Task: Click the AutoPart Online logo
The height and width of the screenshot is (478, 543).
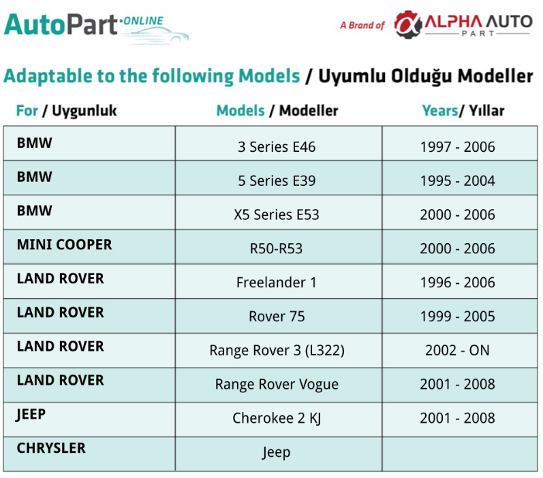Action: [96, 28]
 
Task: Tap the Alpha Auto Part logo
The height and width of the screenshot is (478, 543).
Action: [463, 25]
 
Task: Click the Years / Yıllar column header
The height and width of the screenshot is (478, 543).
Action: [463, 111]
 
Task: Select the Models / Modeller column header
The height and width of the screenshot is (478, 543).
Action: [277, 111]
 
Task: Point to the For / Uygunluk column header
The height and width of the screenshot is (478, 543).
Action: [67, 111]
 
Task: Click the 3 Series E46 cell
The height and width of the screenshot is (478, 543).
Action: [277, 147]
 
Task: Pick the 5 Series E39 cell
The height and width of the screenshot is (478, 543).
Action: [277, 181]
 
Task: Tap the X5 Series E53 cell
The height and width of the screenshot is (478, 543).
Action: [277, 215]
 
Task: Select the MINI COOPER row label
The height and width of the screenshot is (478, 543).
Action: [65, 244]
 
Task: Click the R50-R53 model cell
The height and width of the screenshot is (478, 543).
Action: [277, 249]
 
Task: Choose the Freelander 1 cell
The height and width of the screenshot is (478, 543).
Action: [277, 283]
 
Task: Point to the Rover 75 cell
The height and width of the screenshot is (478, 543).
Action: [277, 317]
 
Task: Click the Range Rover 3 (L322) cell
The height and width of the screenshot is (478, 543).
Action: [277, 351]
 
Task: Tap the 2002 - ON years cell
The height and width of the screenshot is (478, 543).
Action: [457, 350]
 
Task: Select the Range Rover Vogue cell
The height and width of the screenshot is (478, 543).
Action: [277, 385]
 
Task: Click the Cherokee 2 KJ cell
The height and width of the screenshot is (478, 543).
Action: [277, 419]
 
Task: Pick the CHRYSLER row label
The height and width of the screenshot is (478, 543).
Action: [51, 448]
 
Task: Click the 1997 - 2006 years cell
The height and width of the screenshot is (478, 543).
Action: [457, 147]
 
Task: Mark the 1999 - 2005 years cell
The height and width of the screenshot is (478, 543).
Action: [457, 317]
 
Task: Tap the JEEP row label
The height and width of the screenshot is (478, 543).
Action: [31, 415]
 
